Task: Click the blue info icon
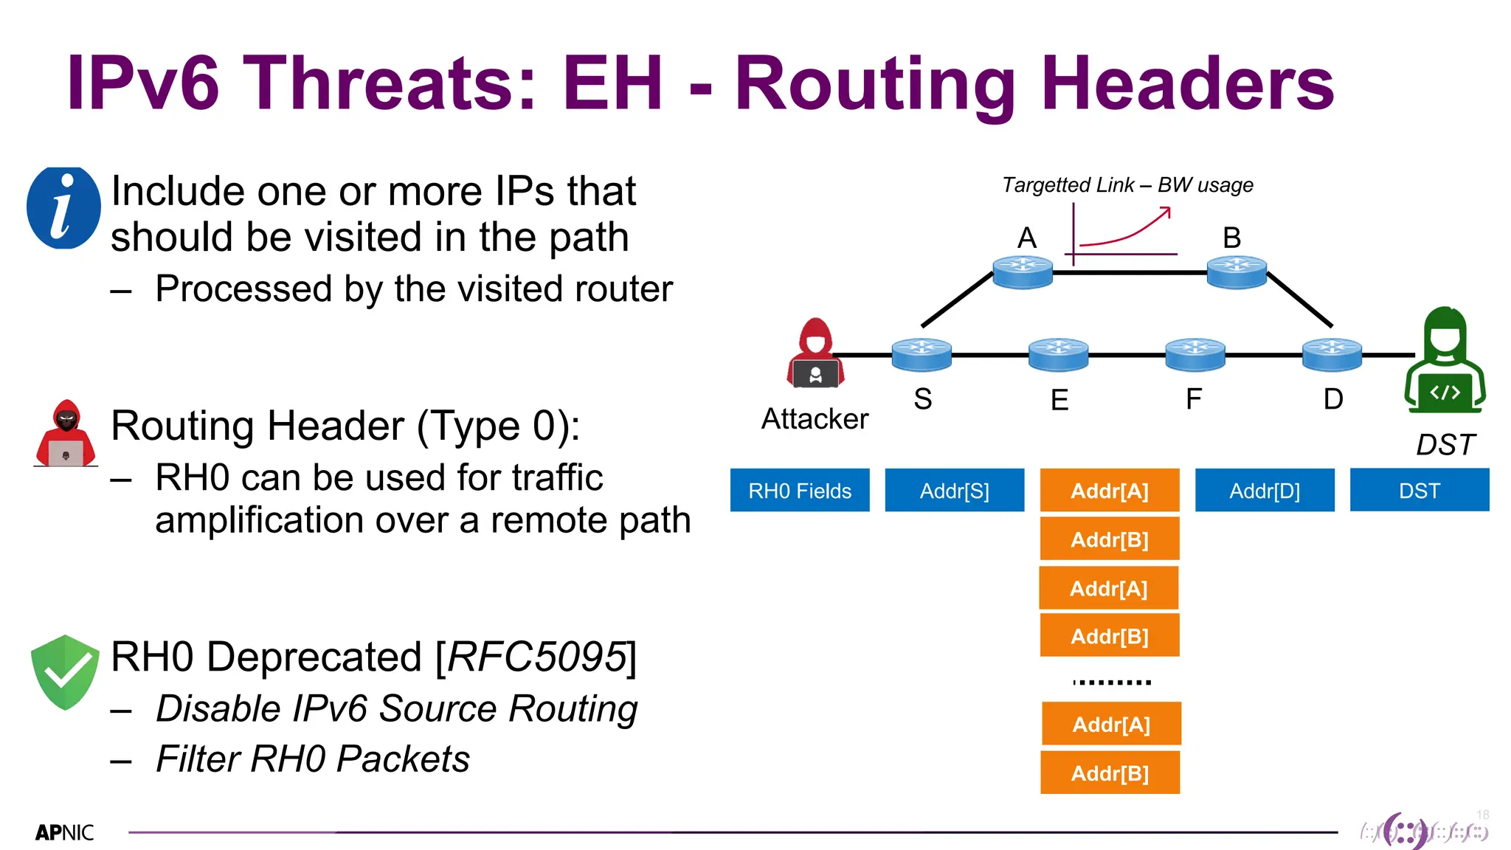tap(63, 208)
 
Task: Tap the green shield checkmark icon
tap(65, 671)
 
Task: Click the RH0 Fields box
tap(800, 490)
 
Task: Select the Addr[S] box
tap(954, 490)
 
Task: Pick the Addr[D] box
tap(1265, 490)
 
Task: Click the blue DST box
tap(1419, 490)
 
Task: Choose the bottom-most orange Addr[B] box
tap(1110, 773)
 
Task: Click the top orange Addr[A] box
tap(1110, 490)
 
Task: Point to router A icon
tap(1023, 272)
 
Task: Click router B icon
tap(1237, 272)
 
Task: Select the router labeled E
tap(1058, 354)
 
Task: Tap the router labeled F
tap(1195, 354)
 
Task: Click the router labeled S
tap(922, 354)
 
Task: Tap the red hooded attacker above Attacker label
tap(815, 353)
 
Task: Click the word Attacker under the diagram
tap(815, 419)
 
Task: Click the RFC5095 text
tap(536, 657)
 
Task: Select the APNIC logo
tap(65, 832)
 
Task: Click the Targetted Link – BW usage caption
tap(1127, 184)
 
